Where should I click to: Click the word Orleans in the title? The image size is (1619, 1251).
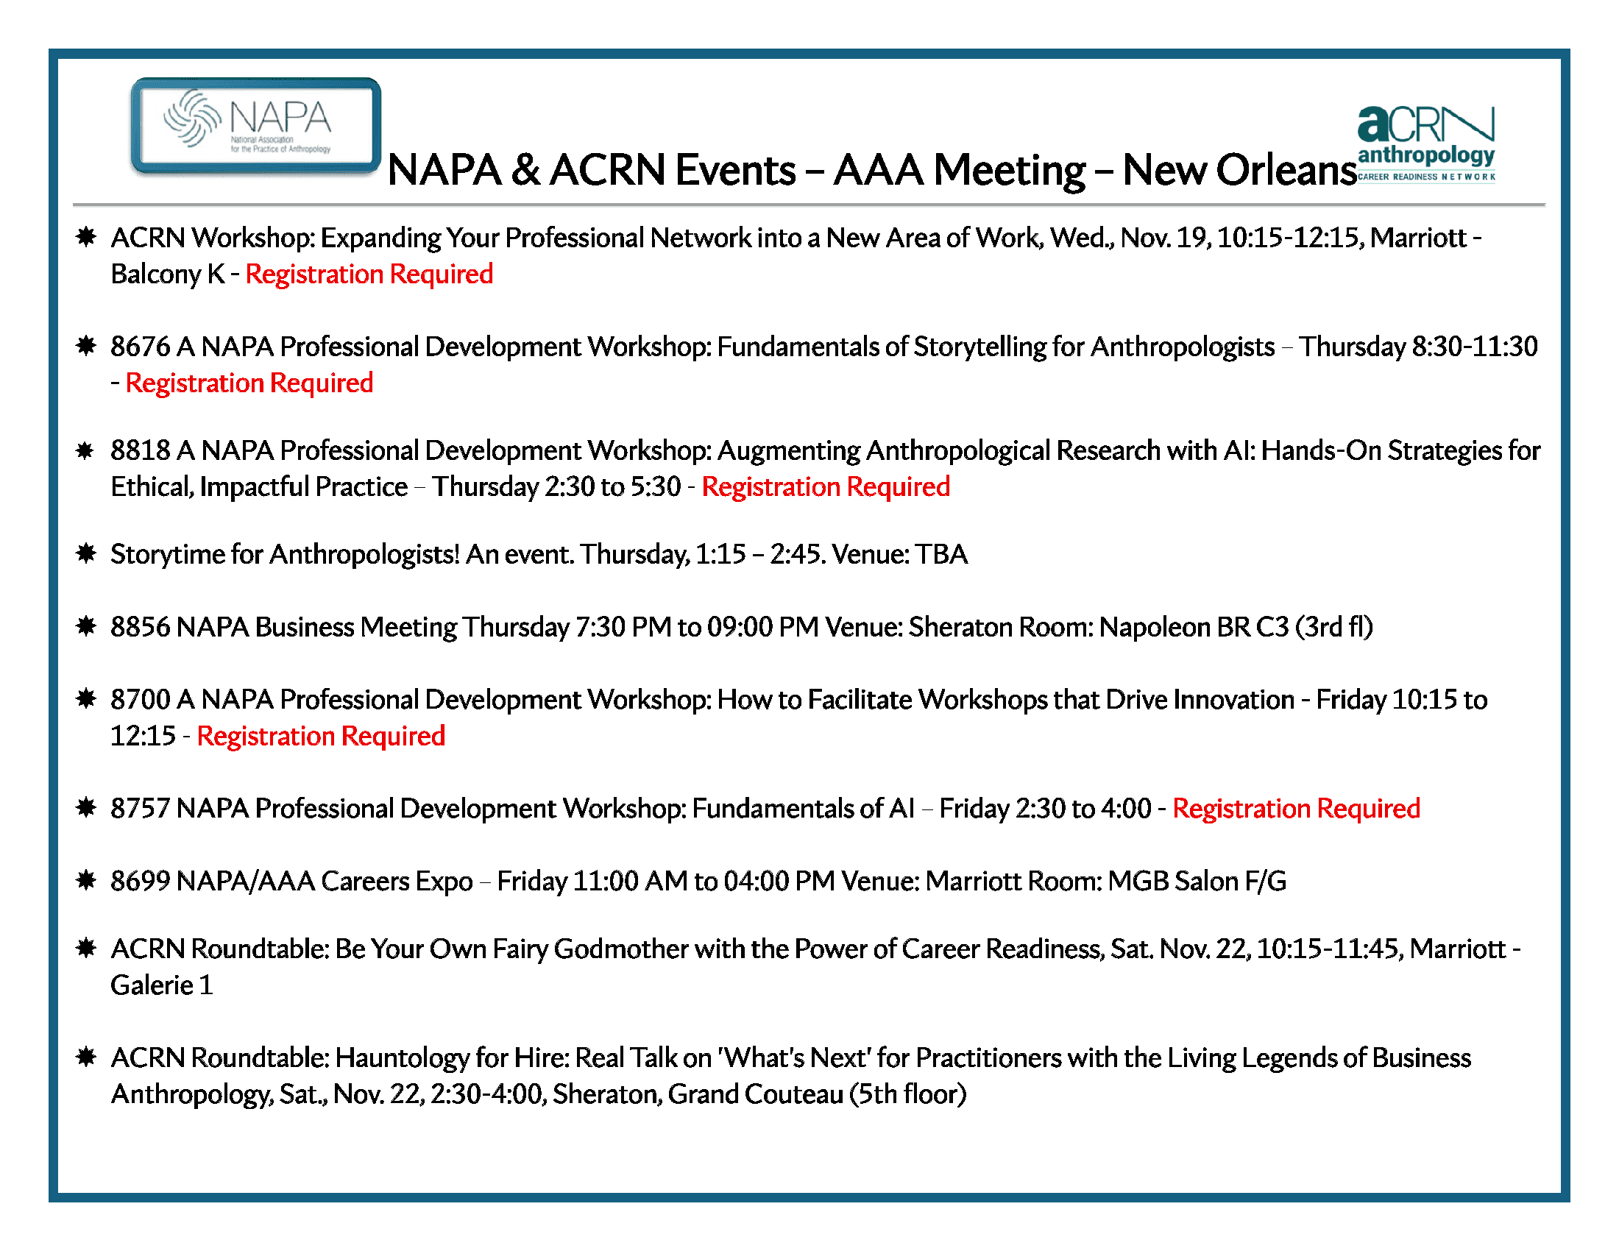pos(1288,171)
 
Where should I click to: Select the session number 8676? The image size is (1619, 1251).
pos(140,347)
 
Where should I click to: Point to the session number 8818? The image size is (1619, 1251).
pos(140,450)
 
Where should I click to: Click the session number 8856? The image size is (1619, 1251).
pos(140,627)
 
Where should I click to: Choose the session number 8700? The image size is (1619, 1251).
pos(140,700)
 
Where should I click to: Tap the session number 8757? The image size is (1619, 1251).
pos(140,809)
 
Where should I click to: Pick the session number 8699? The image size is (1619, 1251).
pos(140,881)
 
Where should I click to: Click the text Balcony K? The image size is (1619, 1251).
pos(168,274)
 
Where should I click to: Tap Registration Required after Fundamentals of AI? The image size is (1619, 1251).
pos(1296,809)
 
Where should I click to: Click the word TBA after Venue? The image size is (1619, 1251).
pos(940,554)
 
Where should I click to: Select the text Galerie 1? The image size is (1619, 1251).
pos(162,985)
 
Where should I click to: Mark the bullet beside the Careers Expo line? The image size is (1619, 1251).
pos(86,880)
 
